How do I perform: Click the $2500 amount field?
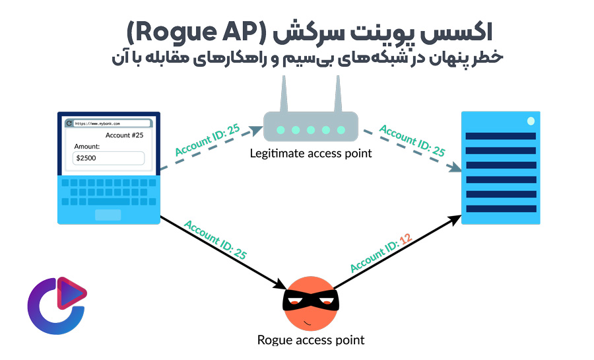108,158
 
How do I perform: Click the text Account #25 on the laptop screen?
125,135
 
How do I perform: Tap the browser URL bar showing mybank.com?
109,123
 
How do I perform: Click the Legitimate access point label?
311,153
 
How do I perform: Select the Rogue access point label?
311,340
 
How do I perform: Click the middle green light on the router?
310,130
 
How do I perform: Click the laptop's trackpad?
108,215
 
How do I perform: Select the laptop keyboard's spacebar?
109,201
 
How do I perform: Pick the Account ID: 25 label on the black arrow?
216,238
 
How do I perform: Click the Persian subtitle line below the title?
307,57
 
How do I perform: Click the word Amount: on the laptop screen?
87,146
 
